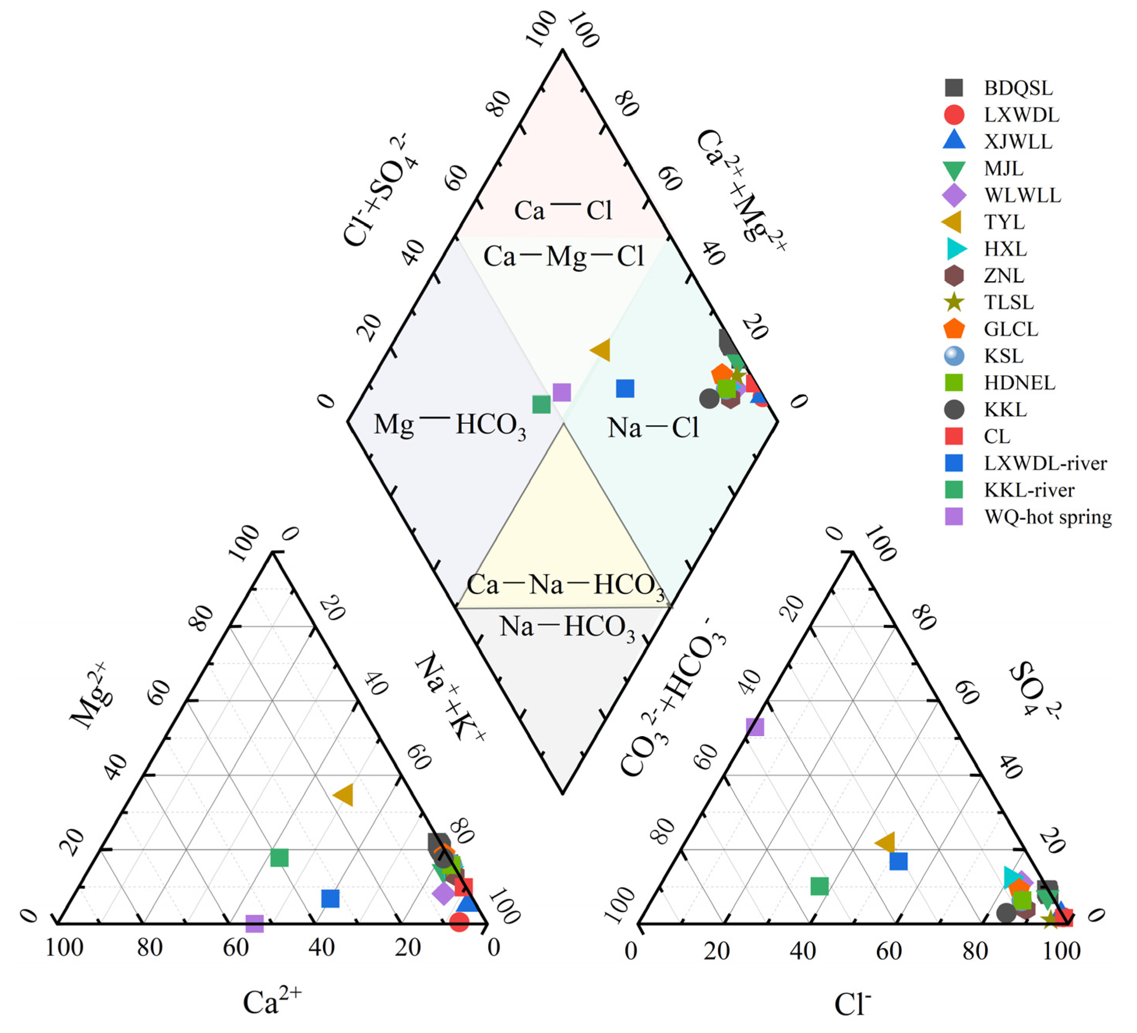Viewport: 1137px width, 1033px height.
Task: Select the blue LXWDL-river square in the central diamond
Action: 625,388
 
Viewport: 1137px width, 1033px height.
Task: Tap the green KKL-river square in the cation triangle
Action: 279,858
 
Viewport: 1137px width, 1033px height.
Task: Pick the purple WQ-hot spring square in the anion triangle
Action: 755,727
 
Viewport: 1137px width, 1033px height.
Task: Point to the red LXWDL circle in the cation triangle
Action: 459,922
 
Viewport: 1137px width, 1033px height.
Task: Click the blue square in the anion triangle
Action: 898,861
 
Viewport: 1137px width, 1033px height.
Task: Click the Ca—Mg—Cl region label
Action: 563,257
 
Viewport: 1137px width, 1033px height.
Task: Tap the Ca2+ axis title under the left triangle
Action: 272,1002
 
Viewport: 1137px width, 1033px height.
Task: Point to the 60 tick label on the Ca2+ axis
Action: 236,948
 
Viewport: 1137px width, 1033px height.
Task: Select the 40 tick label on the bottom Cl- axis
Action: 803,951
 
